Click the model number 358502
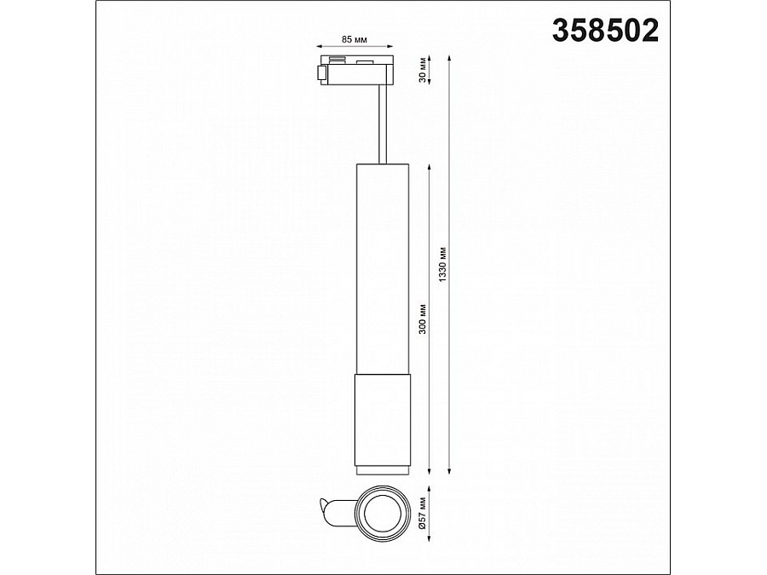[x=605, y=30]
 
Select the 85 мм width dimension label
[x=354, y=40]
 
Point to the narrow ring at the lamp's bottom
[x=380, y=469]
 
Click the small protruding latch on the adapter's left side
[x=320, y=73]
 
